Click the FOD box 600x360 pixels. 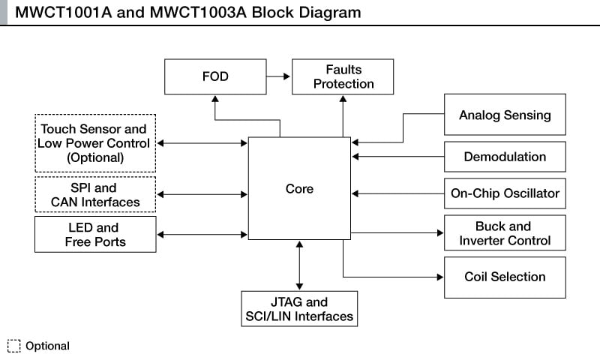tap(214, 76)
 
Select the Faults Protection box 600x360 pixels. tap(343, 76)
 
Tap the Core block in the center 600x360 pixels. tap(299, 188)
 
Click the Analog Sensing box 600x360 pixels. tap(505, 115)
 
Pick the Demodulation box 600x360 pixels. tap(505, 157)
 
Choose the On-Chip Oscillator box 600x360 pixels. tap(505, 193)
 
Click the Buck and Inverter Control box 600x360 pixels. tap(505, 233)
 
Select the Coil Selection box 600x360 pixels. tap(505, 277)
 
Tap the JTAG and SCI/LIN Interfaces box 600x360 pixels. tap(298, 309)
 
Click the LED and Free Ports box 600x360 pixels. tap(95, 234)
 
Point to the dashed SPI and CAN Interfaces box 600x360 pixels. tap(95, 194)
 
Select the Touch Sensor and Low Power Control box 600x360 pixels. tap(95, 142)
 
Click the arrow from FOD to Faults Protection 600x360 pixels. tap(278, 76)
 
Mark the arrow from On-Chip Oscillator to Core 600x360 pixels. tap(397, 193)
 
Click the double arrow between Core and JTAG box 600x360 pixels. tap(299, 265)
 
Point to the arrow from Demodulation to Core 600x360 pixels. tap(397, 157)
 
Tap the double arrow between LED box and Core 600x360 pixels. tap(202, 235)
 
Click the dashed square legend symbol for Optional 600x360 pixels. tap(13, 346)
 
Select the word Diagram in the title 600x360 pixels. tap(328, 12)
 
